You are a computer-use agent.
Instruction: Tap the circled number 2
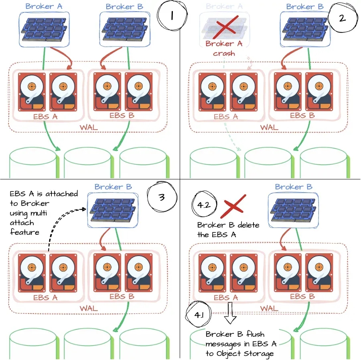(342, 18)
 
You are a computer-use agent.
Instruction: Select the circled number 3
(162, 197)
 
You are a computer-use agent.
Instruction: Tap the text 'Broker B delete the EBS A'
(228, 229)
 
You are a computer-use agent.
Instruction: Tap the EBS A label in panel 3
(46, 297)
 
